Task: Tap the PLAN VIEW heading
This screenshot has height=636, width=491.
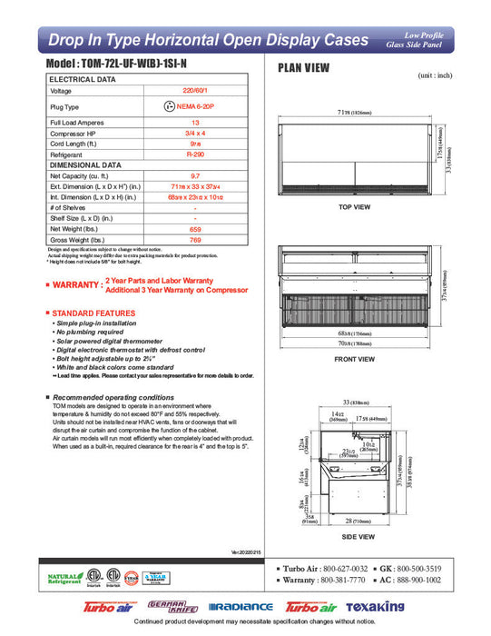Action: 303,68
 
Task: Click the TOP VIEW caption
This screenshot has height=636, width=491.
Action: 355,207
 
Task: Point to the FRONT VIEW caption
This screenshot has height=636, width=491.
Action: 355,359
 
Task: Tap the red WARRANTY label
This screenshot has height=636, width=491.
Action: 74,285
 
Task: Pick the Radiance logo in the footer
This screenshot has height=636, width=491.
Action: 240,607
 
